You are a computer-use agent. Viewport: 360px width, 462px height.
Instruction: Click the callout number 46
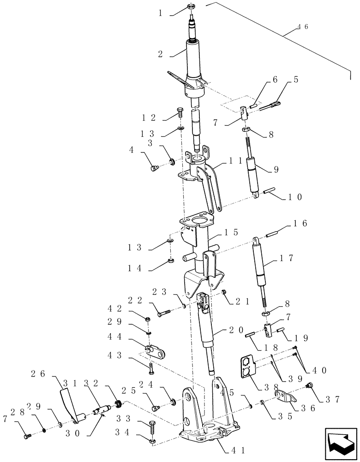(302, 27)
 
